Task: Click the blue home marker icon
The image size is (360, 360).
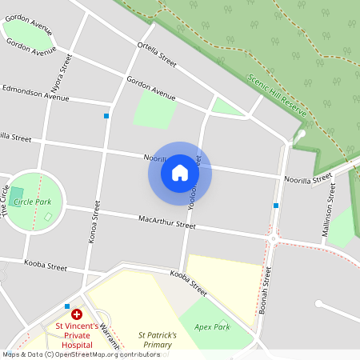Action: pyautogui.click(x=180, y=172)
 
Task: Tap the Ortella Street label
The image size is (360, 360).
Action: pyautogui.click(x=157, y=54)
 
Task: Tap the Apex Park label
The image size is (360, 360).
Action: pyautogui.click(x=211, y=326)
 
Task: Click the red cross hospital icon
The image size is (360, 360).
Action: pyautogui.click(x=77, y=315)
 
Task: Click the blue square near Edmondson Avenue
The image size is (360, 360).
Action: pyautogui.click(x=106, y=116)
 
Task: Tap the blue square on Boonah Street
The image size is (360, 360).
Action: pyautogui.click(x=276, y=206)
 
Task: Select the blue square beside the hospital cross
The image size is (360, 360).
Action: pyautogui.click(x=67, y=306)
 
